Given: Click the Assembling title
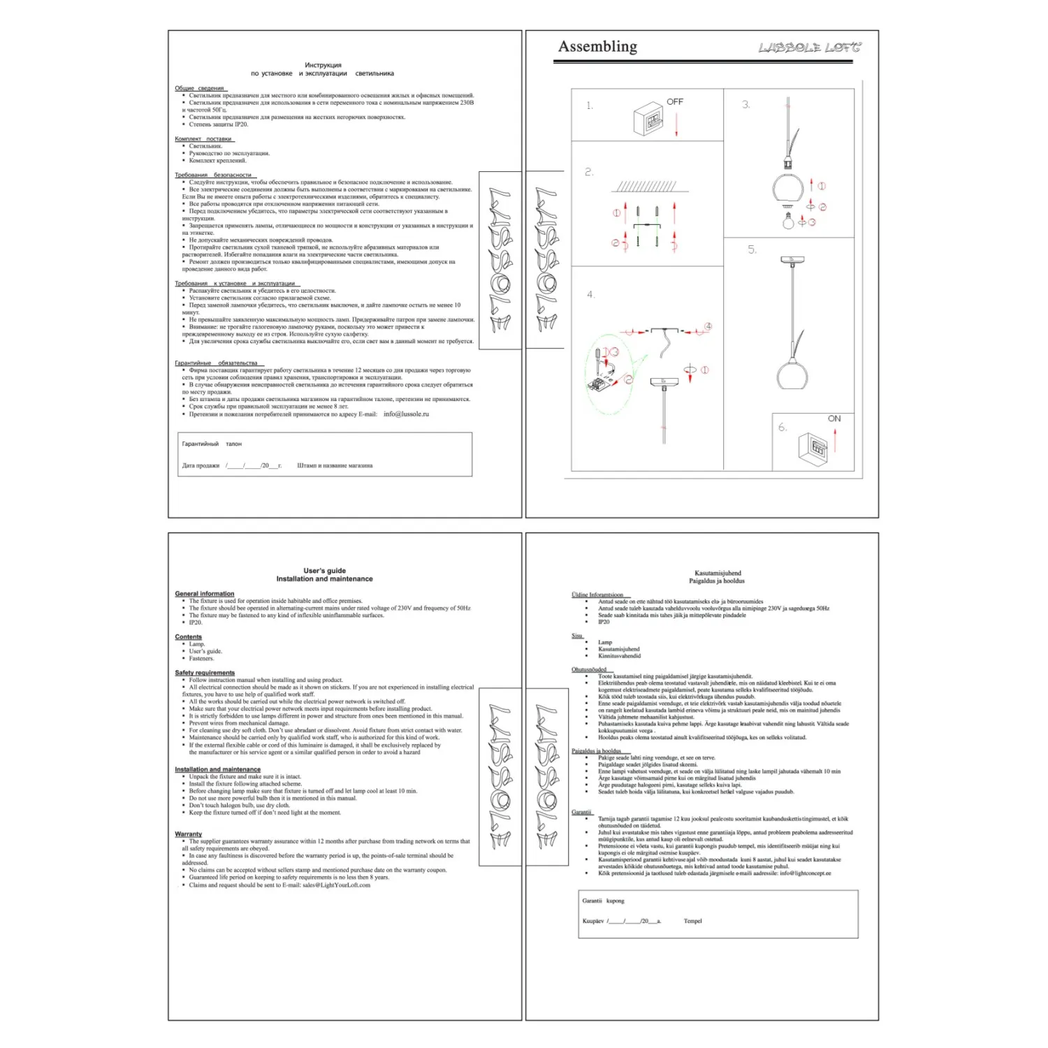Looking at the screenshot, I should pyautogui.click(x=597, y=47).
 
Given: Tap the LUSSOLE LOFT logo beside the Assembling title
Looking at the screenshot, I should pyautogui.click(x=810, y=48).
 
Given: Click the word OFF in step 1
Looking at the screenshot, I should pyautogui.click(x=675, y=102).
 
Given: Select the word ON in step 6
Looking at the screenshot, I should pyautogui.click(x=834, y=419).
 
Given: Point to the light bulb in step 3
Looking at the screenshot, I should pyautogui.click(x=789, y=222).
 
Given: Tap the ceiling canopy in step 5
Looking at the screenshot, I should pyautogui.click(x=792, y=260).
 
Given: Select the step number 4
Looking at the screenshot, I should pyautogui.click(x=590, y=295).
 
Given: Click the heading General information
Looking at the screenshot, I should pyautogui.click(x=205, y=594).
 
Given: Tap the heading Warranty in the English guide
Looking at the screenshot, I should pyautogui.click(x=189, y=834).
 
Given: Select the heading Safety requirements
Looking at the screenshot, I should pyautogui.click(x=205, y=673).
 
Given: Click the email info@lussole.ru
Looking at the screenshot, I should pyautogui.click(x=406, y=414).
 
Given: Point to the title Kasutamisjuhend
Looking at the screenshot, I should pyautogui.click(x=718, y=573).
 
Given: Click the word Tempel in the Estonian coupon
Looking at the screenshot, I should pyautogui.click(x=692, y=921).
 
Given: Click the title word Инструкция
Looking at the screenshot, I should pyautogui.click(x=323, y=65).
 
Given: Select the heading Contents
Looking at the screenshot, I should pyautogui.click(x=189, y=637).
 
